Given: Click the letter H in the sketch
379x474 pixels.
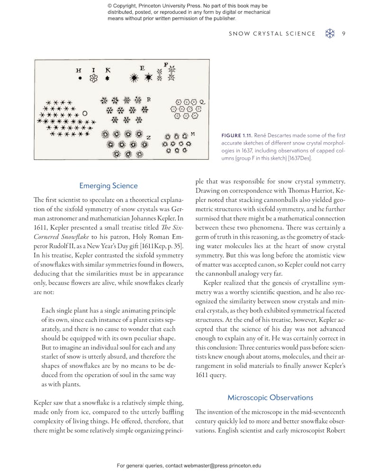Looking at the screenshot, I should point(79,70).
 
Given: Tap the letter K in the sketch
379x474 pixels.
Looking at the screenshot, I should point(108,70).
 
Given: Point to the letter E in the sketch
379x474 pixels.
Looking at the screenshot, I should point(142,68).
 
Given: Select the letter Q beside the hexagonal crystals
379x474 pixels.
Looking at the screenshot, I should point(202,101).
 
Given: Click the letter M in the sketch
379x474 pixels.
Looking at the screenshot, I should point(193,134).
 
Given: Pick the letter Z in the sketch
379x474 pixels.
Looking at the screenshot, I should point(148,137).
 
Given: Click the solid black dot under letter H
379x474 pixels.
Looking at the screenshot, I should point(80,78).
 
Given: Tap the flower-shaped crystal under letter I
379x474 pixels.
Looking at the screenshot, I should point(94,78).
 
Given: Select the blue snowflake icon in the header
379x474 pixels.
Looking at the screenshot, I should point(330,33).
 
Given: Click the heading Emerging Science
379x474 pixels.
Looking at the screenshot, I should point(108,186).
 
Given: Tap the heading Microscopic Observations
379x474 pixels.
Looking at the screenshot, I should point(270,397).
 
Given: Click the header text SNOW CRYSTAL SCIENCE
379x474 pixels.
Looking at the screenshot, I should point(272,33).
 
